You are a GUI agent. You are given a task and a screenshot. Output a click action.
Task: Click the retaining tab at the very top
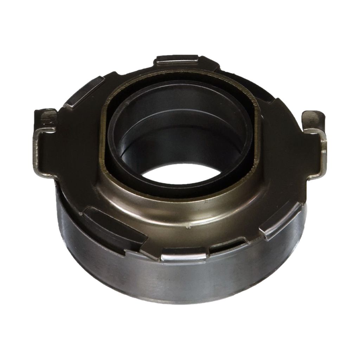pyautogui.click(x=178, y=60)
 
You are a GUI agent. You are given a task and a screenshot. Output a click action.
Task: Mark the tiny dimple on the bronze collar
pyautogui.click(x=189, y=227)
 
